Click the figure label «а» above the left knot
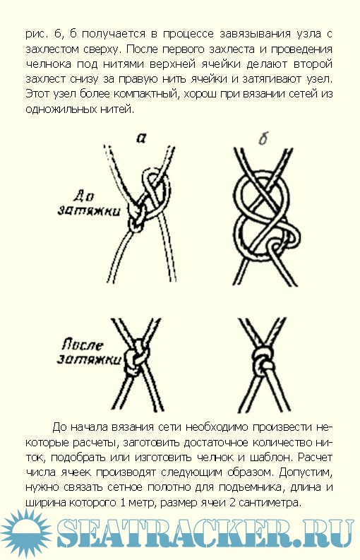pos(141,138)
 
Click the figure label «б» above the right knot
pos(263,138)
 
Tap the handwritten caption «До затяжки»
pos(88,204)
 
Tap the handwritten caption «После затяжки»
pos(88,352)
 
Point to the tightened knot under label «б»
pos(263,362)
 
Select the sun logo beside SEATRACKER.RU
pos(26,534)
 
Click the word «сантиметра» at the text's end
pos(268,503)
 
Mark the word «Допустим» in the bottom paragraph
pos(306,472)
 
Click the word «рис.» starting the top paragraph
pos(36,35)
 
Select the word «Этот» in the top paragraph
pos(37,95)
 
